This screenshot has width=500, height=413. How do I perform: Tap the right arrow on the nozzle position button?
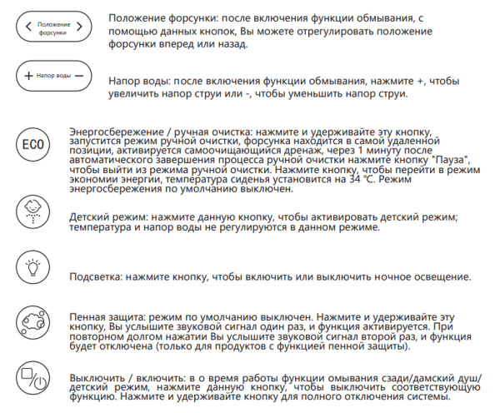click(x=81, y=26)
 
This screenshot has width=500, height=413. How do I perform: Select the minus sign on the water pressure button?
click(x=80, y=75)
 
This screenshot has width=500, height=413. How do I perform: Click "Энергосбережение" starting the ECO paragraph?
click(x=114, y=132)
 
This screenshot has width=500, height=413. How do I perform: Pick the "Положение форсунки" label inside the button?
click(x=54, y=26)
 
